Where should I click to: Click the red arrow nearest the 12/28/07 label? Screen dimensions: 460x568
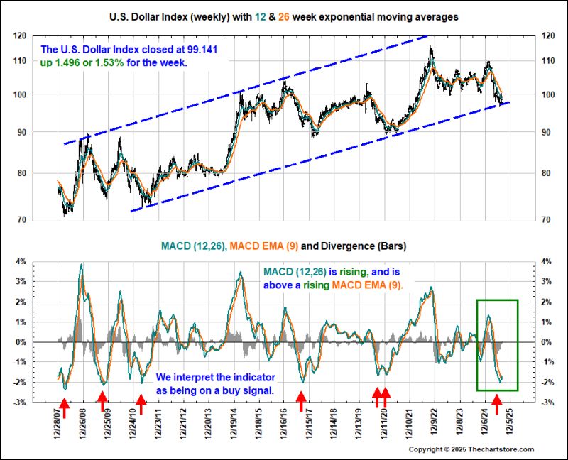tap(63, 407)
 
